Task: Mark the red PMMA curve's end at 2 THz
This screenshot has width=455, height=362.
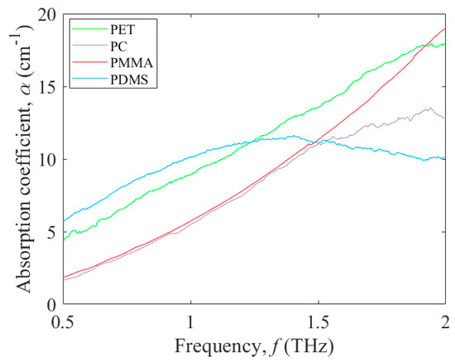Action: [x=446, y=28]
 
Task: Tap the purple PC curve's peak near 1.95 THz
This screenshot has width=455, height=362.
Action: [x=428, y=108]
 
